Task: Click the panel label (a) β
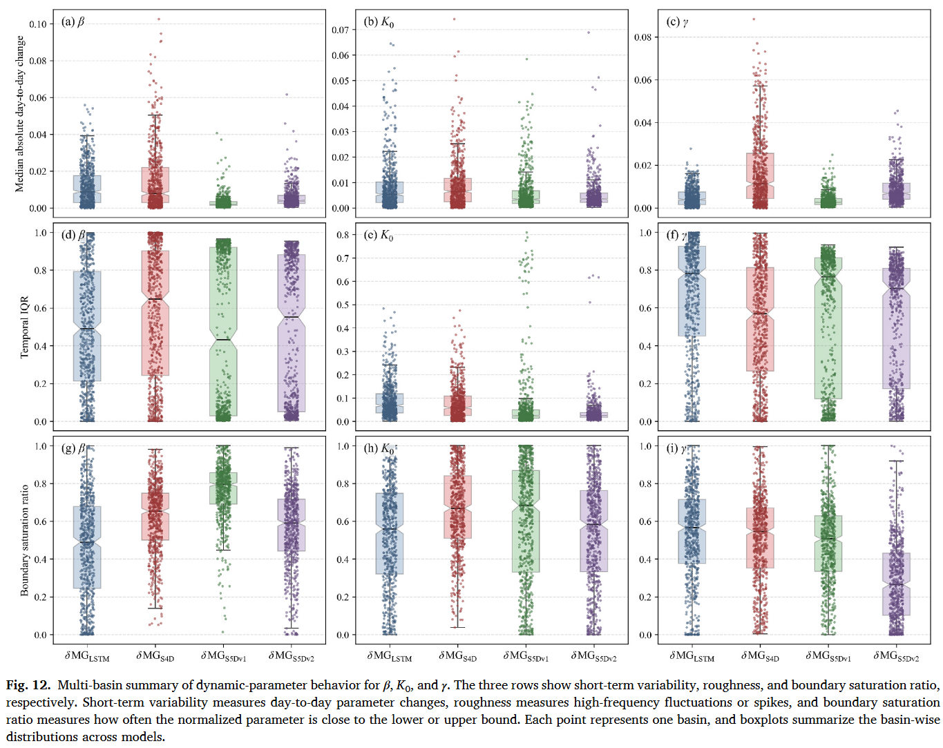tap(73, 22)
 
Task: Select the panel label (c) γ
tap(677, 22)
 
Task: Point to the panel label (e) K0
tap(378, 236)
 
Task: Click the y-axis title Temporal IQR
tap(24, 327)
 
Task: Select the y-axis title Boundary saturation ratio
tap(24, 540)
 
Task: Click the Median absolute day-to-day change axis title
tap(19, 114)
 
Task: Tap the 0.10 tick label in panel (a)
tap(38, 24)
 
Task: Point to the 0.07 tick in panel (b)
tap(340, 30)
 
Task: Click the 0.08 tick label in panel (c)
tap(643, 37)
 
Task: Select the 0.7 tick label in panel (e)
tap(343, 258)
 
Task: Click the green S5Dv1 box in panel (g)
tap(223, 488)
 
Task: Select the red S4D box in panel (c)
tap(760, 175)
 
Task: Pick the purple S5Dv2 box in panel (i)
tap(897, 584)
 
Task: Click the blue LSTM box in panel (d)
tap(87, 326)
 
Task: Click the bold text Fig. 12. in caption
tap(28, 685)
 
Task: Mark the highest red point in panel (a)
tap(159, 19)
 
